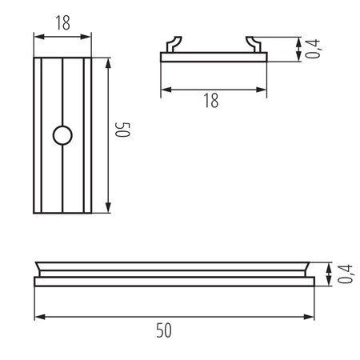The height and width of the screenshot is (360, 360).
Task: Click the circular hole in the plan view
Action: tap(62, 135)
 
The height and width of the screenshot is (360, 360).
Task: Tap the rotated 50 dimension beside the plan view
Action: tap(122, 132)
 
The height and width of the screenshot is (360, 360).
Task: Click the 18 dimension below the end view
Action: tap(211, 100)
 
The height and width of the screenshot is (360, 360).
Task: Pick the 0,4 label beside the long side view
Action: tap(345, 274)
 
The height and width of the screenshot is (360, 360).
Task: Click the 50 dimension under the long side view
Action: tap(164, 329)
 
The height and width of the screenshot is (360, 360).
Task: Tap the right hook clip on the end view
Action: tap(253, 44)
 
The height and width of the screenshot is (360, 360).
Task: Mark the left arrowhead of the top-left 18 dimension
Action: tap(37, 34)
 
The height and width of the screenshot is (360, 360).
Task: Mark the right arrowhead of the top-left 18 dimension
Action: tap(88, 34)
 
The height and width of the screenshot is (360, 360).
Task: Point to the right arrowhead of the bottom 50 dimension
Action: tap(311, 317)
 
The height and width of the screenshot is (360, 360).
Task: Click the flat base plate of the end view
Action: tap(212, 57)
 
